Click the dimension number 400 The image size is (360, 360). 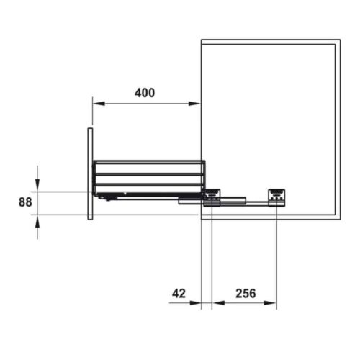coord(144,93)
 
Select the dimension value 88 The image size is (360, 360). coord(25,202)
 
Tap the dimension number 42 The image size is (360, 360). coord(180,294)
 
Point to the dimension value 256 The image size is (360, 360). coord(245,294)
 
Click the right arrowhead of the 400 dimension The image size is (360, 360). coord(196,104)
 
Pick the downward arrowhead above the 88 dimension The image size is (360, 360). coord(37,186)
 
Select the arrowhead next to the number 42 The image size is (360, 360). coord(196,302)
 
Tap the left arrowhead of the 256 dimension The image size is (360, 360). coord(217,302)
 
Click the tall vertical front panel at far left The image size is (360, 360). coord(90,174)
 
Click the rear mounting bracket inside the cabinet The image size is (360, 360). coord(276,197)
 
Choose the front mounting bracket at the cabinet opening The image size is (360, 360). coord(212,197)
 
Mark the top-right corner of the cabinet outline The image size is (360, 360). coord(339,40)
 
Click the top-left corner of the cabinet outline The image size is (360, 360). coord(201,40)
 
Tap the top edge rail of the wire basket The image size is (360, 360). coord(148,161)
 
